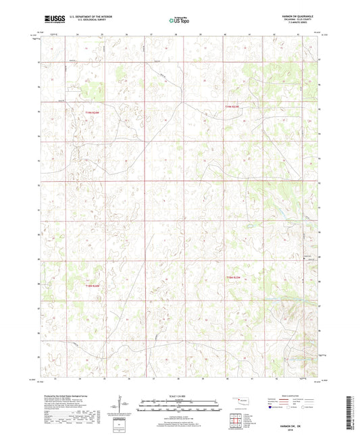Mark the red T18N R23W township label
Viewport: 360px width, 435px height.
[232, 278]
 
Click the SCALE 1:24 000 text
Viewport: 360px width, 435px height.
[179, 396]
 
